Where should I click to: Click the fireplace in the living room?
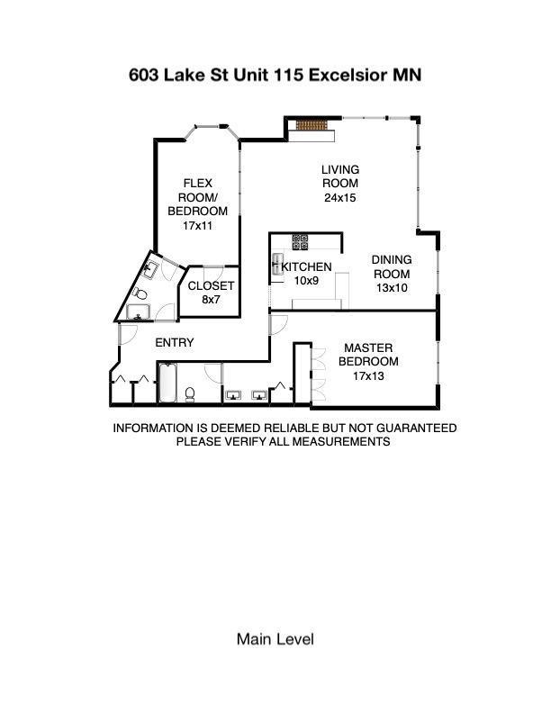point(312,125)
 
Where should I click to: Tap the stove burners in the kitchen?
point(300,242)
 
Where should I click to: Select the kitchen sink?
point(277,265)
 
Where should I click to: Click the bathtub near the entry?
point(167,383)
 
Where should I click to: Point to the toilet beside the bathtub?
point(190,394)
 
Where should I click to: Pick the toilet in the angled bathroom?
point(140,293)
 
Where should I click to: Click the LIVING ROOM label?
point(340,176)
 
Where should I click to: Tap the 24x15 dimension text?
point(340,198)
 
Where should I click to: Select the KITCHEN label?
point(306,266)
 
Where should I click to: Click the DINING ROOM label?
point(392,266)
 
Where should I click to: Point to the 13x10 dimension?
point(392,288)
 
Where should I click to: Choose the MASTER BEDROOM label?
point(368,355)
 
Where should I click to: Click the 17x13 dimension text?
point(368,376)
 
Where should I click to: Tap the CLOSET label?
point(211,286)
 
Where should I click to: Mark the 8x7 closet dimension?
point(211,300)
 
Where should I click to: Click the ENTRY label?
point(175,342)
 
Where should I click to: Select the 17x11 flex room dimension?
point(197,226)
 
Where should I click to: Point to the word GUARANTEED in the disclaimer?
point(417,429)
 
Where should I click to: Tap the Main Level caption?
point(275,639)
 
